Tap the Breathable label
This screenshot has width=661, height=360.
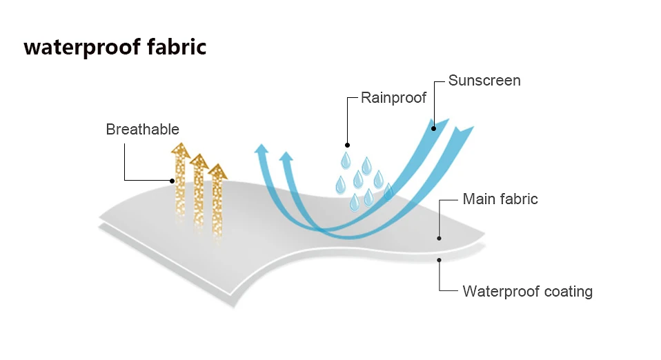click(x=142, y=130)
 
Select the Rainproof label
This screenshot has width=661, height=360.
click(x=394, y=98)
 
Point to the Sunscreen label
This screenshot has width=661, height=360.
click(x=484, y=81)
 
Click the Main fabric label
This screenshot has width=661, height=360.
click(x=500, y=199)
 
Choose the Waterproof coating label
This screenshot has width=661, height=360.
click(x=527, y=291)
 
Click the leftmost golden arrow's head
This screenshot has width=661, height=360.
click(x=181, y=150)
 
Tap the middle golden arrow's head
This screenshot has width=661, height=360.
click(x=199, y=161)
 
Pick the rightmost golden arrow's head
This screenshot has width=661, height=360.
click(x=217, y=170)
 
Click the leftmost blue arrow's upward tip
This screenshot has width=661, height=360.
click(x=260, y=148)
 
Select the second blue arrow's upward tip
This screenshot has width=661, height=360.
click(x=286, y=157)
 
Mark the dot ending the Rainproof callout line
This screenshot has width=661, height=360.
click(x=347, y=145)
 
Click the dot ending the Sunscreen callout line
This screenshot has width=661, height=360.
click(x=434, y=128)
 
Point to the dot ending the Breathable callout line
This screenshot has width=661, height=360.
click(x=173, y=181)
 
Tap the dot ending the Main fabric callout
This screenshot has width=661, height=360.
click(x=439, y=238)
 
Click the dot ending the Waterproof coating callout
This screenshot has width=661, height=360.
click(x=439, y=259)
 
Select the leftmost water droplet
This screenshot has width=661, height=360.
click(x=340, y=184)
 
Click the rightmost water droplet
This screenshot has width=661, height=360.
click(x=388, y=191)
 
